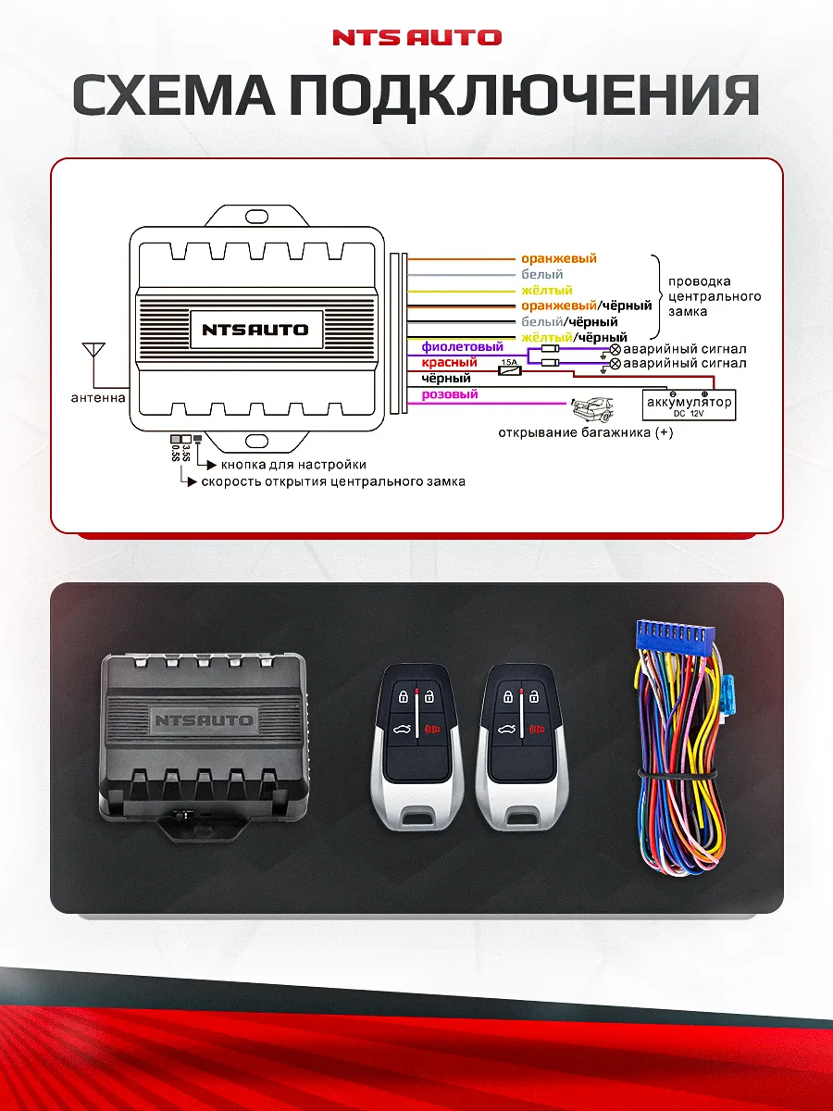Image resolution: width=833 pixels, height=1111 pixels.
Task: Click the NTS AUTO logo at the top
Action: [416, 38]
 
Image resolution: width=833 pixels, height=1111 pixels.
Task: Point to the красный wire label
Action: [449, 363]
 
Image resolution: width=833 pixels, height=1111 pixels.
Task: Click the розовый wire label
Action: [450, 394]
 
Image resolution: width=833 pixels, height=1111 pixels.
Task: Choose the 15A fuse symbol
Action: [509, 369]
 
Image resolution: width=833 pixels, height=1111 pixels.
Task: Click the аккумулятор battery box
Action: [690, 404]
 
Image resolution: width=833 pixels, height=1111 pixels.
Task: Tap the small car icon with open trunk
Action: [592, 407]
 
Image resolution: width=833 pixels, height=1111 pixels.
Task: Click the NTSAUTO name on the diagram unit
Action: [255, 330]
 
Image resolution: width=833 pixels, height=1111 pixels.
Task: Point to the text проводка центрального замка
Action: [714, 296]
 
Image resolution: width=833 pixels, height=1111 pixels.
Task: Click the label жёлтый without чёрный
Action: [546, 291]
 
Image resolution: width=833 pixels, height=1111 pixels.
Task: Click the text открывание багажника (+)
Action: [586, 432]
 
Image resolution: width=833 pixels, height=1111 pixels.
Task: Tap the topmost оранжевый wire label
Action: [559, 259]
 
